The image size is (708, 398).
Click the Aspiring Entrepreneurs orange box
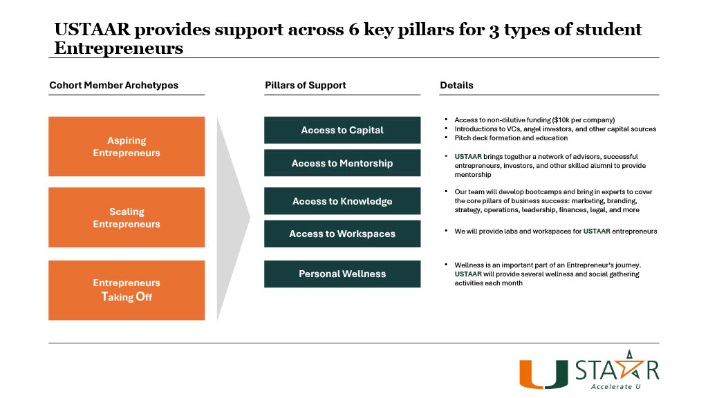coord(127,146)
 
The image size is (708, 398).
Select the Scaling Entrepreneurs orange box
coord(127,218)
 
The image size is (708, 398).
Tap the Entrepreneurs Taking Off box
coord(127,290)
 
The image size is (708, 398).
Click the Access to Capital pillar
coord(342,130)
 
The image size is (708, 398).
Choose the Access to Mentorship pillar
coord(342,163)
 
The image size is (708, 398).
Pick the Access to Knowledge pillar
coord(342,201)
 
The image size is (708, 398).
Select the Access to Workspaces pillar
coord(342,234)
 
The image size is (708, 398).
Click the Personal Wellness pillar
coord(342,274)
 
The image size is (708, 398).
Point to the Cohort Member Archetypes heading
coord(113,86)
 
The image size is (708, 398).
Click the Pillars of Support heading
coord(305,86)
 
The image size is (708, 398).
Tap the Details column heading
coord(456,86)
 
